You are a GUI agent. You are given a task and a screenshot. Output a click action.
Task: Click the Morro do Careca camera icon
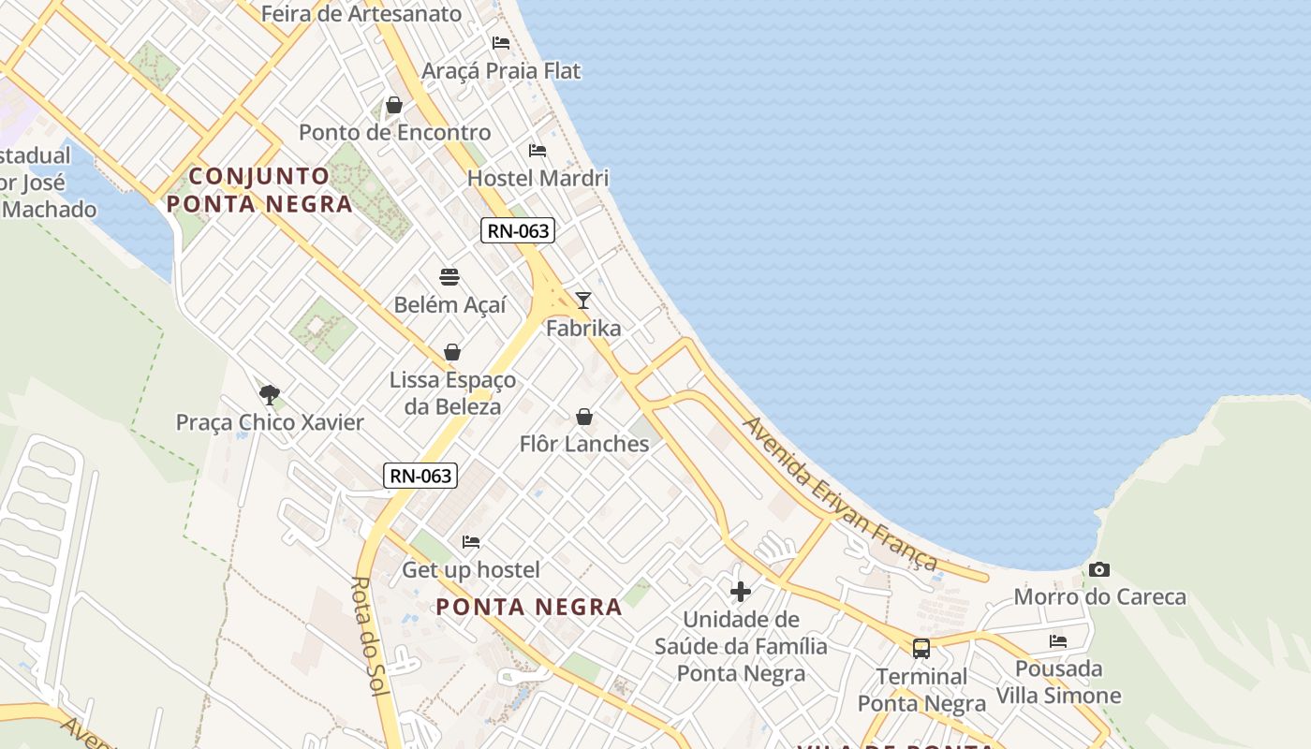coord(1099,569)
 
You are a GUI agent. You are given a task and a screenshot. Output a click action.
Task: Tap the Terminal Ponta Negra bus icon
coord(921,648)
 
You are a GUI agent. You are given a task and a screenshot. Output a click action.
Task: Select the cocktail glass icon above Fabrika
coord(583,301)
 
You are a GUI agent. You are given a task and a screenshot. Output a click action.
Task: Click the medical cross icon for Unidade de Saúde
coord(741,592)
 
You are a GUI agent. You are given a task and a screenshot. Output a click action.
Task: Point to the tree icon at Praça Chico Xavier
coord(270,394)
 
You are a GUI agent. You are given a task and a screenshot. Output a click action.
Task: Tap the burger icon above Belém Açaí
coord(449,277)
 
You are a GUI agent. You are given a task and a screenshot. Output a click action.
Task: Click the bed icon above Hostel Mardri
coord(538,150)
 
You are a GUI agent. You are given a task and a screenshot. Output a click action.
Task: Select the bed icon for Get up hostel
coord(471,542)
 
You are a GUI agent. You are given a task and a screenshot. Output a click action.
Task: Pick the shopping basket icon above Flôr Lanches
coord(584,417)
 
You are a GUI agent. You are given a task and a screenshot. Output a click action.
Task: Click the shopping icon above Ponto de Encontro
coord(394,105)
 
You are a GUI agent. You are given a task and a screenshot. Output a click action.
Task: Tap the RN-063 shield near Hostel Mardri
coord(518,230)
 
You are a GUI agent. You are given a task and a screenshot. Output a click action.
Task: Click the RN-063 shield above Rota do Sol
coord(421,476)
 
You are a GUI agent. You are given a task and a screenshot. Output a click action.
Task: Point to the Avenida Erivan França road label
coord(840,493)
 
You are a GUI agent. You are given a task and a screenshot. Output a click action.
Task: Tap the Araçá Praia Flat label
coord(501,71)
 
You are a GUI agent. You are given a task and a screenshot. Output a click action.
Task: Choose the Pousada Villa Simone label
coord(1058,683)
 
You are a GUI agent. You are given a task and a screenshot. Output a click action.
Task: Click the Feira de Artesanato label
coord(361,14)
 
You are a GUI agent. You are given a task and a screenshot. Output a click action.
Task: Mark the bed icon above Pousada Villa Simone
coord(1058,641)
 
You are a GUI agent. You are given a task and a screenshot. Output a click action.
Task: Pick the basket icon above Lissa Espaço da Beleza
coord(452,352)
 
